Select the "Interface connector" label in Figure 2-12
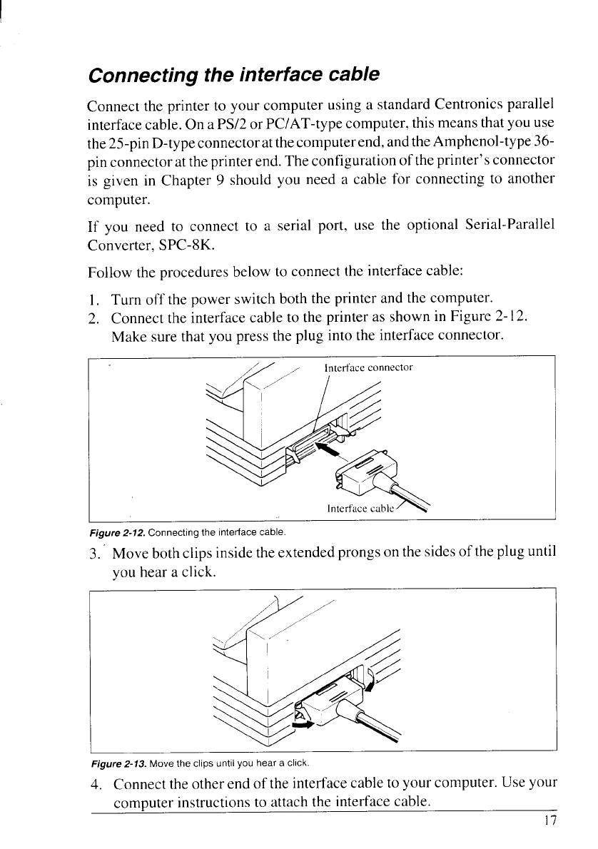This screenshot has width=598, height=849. pos(368,368)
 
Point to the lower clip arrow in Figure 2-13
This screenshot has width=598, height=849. pos(304,724)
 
